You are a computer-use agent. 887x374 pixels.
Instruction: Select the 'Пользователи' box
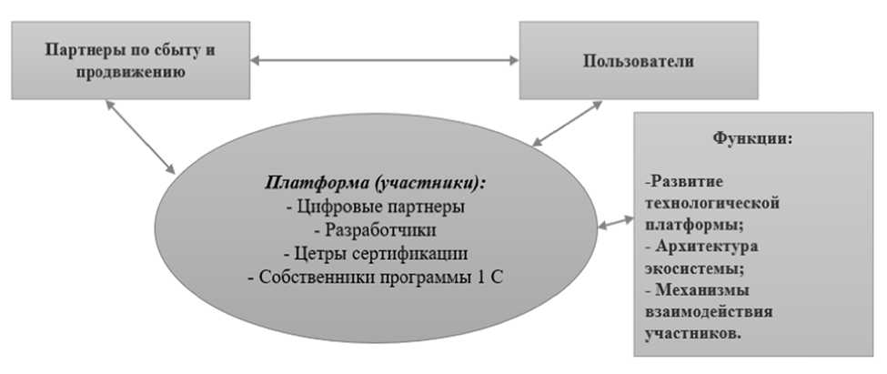pyautogui.click(x=637, y=62)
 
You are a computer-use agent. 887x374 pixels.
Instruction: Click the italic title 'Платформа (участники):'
pyautogui.click(x=375, y=182)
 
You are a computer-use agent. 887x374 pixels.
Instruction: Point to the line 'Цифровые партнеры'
pyautogui.click(x=375, y=207)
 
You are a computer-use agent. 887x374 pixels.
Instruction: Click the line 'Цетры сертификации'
pyautogui.click(x=375, y=254)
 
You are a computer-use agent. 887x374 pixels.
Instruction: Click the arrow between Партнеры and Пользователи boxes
pyautogui.click(x=385, y=61)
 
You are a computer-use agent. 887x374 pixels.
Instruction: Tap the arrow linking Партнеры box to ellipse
pyautogui.click(x=140, y=136)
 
